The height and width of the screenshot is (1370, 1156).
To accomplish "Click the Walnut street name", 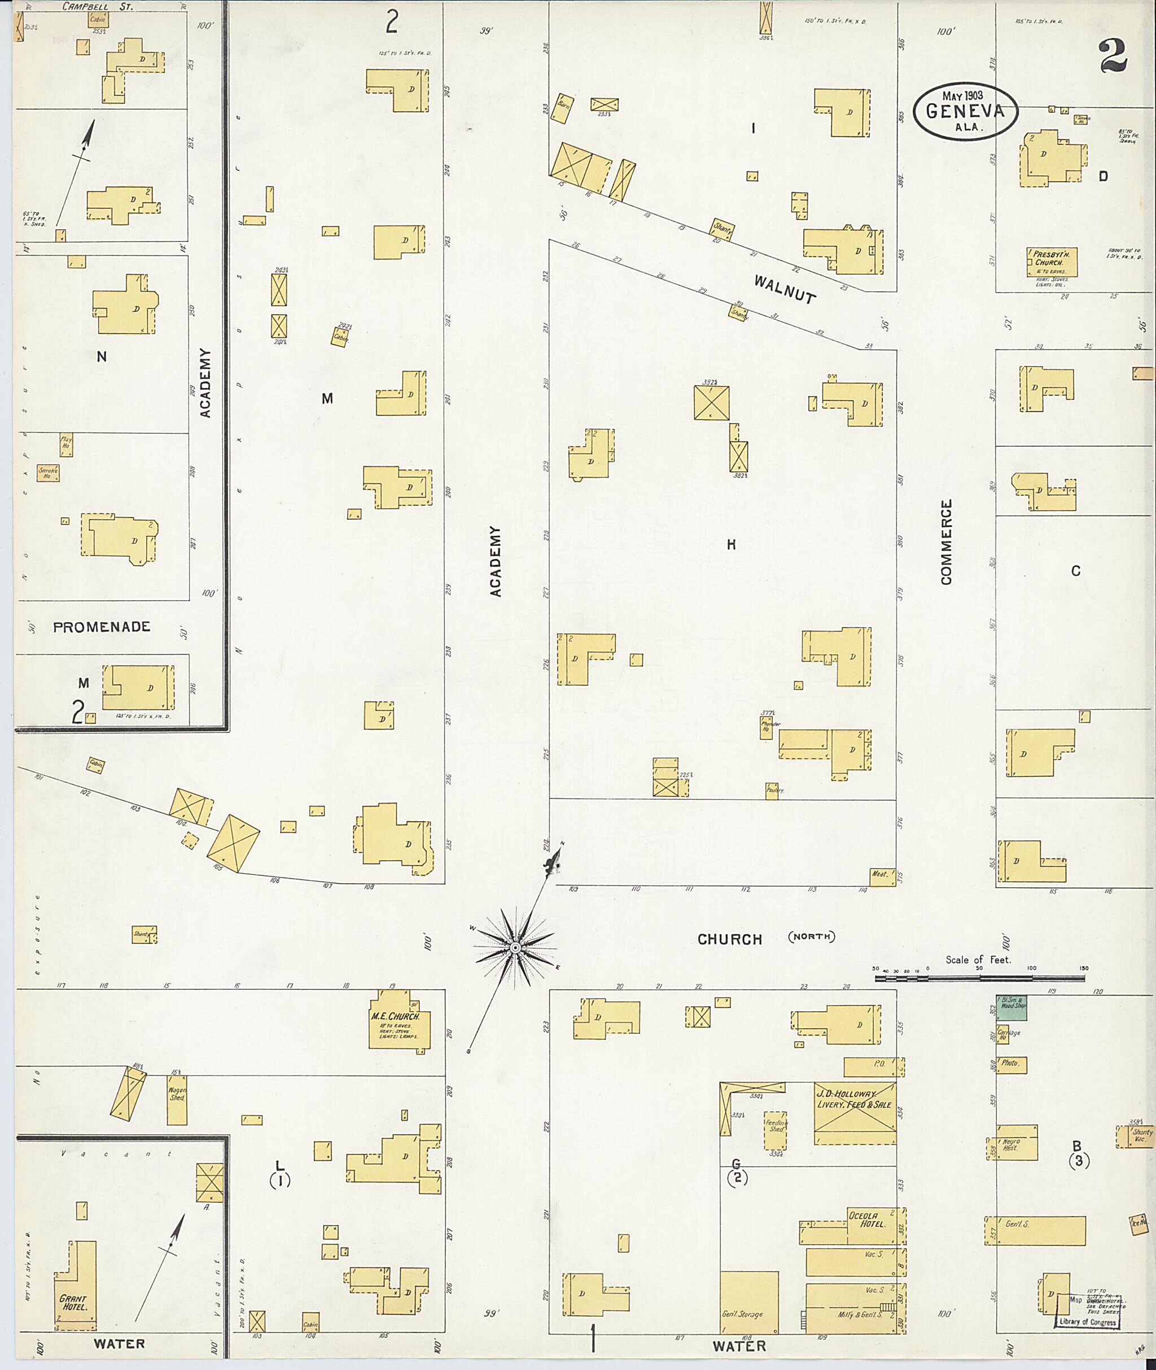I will click(x=785, y=289).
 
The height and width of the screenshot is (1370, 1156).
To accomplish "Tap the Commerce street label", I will click(x=945, y=542).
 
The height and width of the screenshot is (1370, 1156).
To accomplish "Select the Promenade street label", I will click(x=102, y=627).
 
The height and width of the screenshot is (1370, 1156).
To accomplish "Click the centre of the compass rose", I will click(x=516, y=948).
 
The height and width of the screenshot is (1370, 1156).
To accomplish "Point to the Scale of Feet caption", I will click(x=978, y=959).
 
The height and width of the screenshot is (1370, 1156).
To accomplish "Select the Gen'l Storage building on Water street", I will click(x=749, y=1303).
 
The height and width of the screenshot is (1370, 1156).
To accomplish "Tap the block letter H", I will click(x=731, y=544).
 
